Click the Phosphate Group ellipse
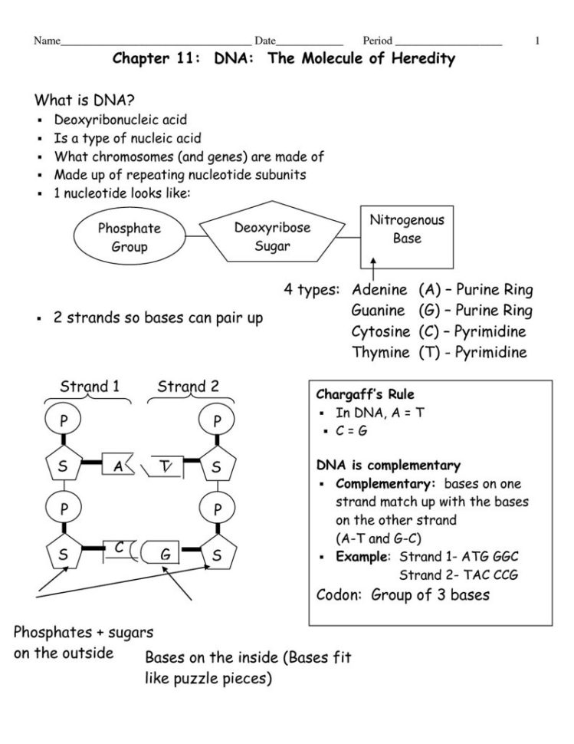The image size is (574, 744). tap(129, 237)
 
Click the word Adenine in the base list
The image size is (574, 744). tap(378, 290)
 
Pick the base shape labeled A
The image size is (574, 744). tap(120, 465)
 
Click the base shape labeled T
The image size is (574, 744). tap(169, 465)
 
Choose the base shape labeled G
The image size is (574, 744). tap(166, 553)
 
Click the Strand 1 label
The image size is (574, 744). tap(90, 386)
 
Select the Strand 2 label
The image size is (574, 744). tap(188, 386)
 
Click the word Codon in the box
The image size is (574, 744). tap(339, 594)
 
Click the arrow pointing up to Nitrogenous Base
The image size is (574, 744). tap(373, 269)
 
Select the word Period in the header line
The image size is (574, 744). tap(377, 41)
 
